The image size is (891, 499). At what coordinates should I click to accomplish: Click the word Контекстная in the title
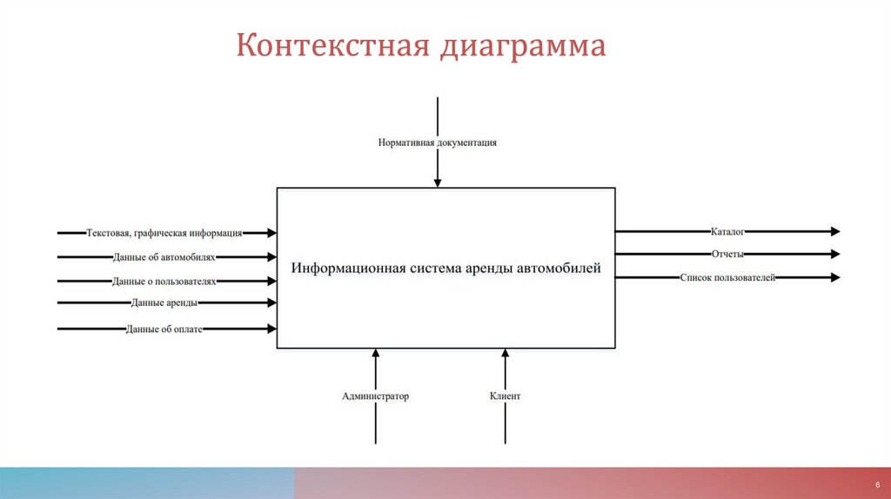point(331,45)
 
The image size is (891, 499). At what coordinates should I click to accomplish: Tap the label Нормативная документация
point(438,142)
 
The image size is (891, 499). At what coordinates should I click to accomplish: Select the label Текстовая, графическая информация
point(164,233)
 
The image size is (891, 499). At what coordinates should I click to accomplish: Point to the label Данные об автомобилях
point(164,257)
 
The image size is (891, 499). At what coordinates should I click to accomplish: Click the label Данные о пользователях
point(164,282)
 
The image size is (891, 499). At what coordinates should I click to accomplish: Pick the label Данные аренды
point(164,303)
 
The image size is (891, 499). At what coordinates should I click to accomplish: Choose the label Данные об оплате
point(164,329)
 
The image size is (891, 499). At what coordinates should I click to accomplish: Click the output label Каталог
point(727,232)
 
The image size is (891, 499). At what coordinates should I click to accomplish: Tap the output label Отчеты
point(727,255)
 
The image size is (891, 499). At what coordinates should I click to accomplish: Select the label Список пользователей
point(727,277)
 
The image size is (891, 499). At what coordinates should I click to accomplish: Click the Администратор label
point(376,396)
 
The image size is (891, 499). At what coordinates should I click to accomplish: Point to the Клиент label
point(506,396)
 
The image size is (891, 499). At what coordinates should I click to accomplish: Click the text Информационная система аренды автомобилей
point(446,269)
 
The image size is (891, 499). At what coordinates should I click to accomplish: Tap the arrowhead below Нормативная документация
point(438,183)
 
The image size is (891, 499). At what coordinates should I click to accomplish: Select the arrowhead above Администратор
point(376,353)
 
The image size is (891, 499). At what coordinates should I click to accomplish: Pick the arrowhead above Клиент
point(506,353)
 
